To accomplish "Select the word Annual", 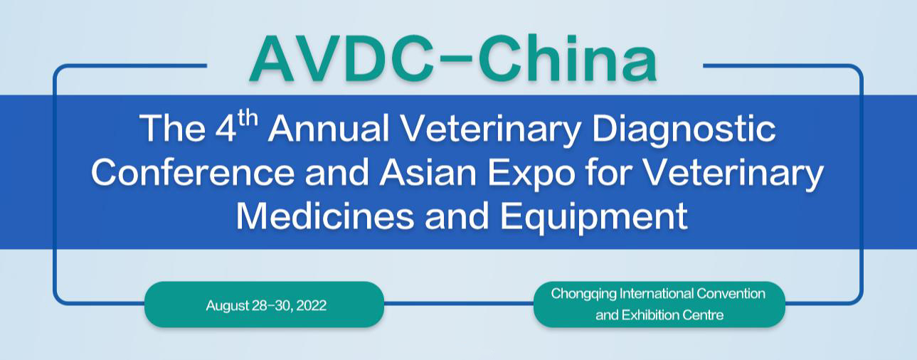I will [x=328, y=129].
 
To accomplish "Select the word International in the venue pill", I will [x=655, y=293].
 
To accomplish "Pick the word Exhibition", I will [x=652, y=314].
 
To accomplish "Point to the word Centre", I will [x=706, y=314].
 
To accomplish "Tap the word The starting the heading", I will [x=168, y=129].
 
